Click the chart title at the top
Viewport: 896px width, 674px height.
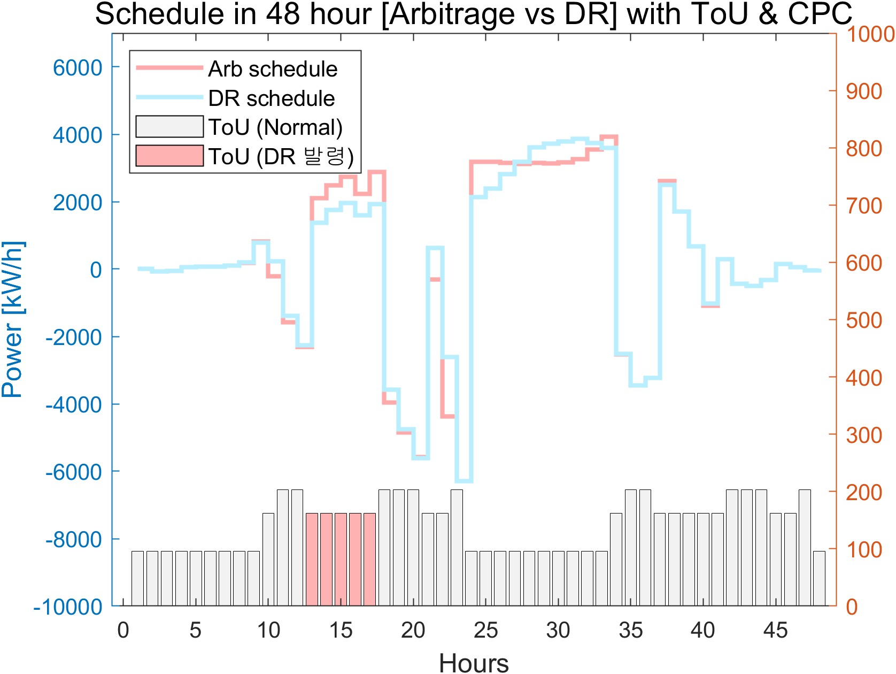pyautogui.click(x=474, y=14)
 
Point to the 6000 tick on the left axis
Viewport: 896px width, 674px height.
pyautogui.click(x=78, y=68)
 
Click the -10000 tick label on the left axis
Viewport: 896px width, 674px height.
pyautogui.click(x=68, y=607)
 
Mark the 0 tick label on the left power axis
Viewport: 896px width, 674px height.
pyautogui.click(x=96, y=270)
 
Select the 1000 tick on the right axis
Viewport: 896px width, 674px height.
pyautogui.click(x=870, y=34)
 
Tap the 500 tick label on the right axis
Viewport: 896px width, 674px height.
pyautogui.click(x=863, y=320)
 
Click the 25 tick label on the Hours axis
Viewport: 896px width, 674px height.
pyautogui.click(x=485, y=631)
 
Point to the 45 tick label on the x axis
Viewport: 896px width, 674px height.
pyautogui.click(x=775, y=631)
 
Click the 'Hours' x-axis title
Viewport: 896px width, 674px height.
pyautogui.click(x=474, y=662)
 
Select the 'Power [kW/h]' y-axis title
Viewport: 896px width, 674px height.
pyautogui.click(x=13, y=320)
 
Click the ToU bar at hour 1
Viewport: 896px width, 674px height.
pyautogui.click(x=138, y=578)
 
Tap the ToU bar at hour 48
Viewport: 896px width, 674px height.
pyautogui.click(x=819, y=578)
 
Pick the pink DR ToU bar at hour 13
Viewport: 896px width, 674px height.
pyautogui.click(x=312, y=560)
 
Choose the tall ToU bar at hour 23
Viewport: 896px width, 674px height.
pyautogui.click(x=457, y=548)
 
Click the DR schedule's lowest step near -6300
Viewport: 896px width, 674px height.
pyautogui.click(x=464, y=481)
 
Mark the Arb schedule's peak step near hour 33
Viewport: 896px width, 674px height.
pyautogui.click(x=609, y=137)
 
